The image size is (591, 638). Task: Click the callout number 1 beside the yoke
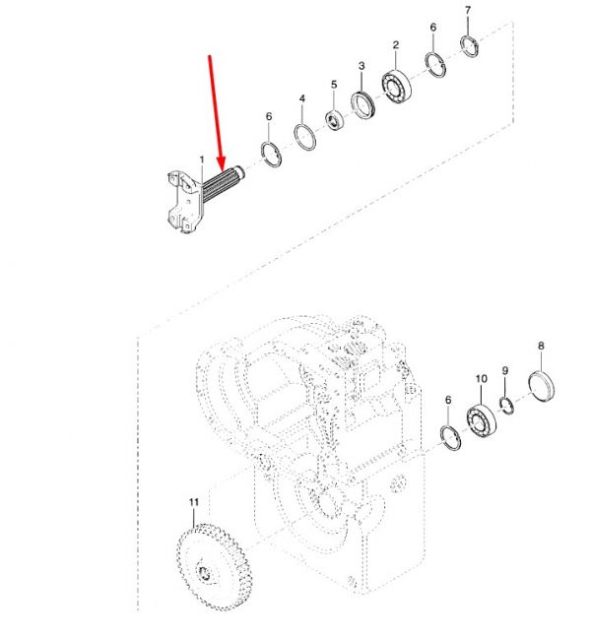(202, 159)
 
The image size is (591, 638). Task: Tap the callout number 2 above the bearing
(396, 45)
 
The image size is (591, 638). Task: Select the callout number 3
(361, 66)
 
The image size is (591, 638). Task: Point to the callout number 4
(302, 98)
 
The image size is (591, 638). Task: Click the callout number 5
(334, 85)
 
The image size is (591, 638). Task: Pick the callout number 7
(468, 11)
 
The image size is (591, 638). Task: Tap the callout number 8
(541, 346)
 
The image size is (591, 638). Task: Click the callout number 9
(505, 370)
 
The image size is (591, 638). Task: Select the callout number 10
(481, 379)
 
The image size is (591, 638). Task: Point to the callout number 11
(194, 502)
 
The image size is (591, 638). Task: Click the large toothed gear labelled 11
(215, 567)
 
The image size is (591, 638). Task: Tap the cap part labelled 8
(542, 385)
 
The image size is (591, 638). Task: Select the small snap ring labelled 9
(506, 406)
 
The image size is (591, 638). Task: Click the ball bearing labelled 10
(481, 421)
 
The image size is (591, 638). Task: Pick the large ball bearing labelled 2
(396, 87)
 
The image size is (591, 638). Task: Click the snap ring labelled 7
(470, 47)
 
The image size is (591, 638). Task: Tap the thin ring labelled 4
(304, 137)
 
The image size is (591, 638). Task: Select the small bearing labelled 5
(336, 120)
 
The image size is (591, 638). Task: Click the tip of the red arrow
(222, 170)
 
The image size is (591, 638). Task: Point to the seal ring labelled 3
(363, 105)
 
